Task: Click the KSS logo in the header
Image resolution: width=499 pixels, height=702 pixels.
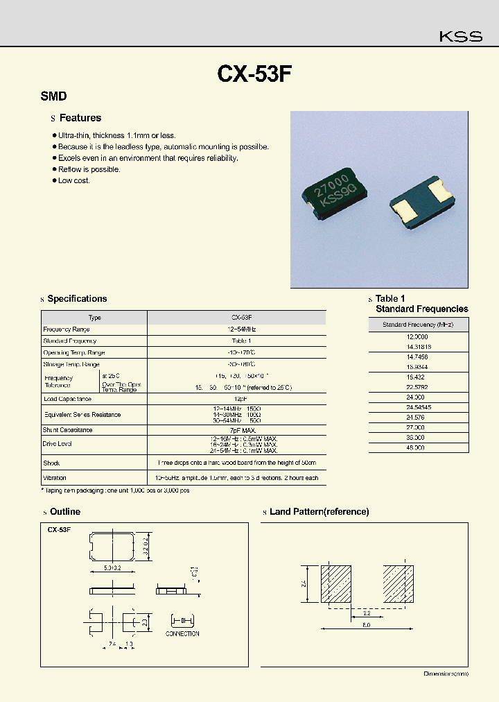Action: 461,37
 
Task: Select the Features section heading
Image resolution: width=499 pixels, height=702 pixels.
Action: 80,118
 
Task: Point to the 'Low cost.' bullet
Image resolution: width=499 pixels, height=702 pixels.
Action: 74,180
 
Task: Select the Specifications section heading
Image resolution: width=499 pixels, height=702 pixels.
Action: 77,299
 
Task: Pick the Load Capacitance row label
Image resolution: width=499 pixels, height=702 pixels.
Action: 67,399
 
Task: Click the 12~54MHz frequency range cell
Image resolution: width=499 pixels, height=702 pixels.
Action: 236,329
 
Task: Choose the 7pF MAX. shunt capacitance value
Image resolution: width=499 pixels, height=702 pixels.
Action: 236,430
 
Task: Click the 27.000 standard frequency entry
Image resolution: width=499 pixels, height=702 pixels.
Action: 419,428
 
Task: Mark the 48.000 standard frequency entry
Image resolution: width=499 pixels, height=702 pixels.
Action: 419,448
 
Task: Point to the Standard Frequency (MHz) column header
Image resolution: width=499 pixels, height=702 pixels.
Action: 419,325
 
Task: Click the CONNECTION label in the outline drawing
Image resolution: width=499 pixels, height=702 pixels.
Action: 182,633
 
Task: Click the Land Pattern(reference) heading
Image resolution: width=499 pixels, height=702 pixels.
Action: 319,512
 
